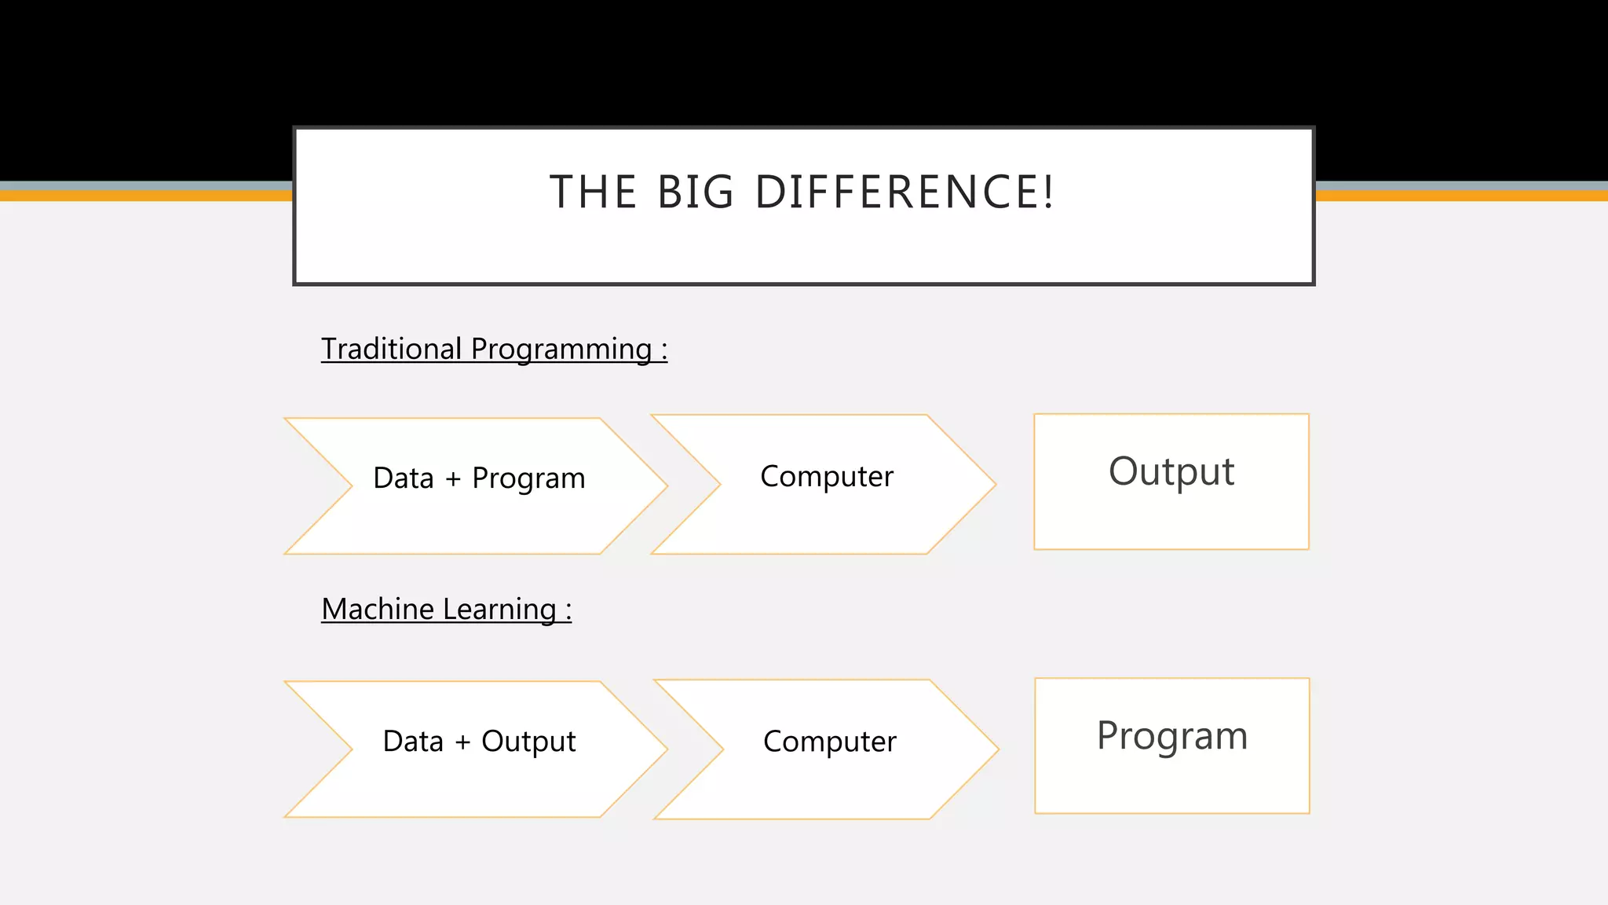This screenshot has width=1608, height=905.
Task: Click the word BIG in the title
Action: (695, 192)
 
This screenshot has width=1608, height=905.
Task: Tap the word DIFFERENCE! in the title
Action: (904, 192)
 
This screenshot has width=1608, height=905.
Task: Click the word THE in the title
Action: (593, 192)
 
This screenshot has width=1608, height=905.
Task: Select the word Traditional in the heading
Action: (391, 349)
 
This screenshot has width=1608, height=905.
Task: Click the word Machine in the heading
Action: (377, 609)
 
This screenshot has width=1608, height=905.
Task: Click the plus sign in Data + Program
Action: (453, 478)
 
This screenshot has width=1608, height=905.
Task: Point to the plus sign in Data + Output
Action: (462, 742)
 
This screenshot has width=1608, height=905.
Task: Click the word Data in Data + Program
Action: (404, 478)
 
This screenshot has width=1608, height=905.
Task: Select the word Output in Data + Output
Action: (528, 742)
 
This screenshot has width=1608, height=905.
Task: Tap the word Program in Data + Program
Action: (528, 479)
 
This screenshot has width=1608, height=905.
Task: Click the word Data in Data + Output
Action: (413, 742)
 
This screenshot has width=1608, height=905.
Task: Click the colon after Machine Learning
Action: (568, 611)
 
